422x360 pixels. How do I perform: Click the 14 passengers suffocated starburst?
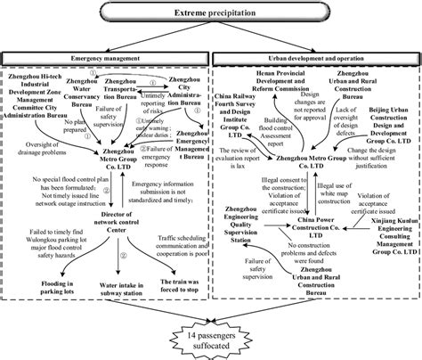pos(211,336)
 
